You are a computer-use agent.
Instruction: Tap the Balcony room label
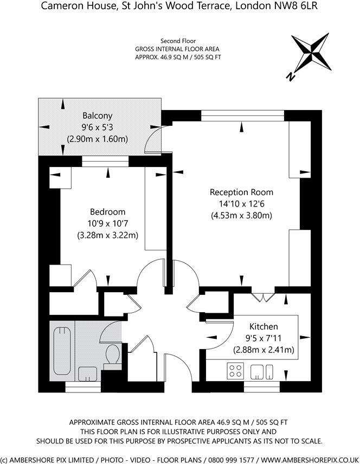point(97,115)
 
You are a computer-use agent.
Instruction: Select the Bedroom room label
point(107,212)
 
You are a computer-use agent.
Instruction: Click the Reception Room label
point(241,192)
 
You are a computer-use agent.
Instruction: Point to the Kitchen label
point(263,326)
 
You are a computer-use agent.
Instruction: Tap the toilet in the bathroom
point(113,355)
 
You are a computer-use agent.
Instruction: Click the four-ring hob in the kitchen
point(235,371)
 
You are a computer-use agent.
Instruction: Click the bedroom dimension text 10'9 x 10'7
point(107,223)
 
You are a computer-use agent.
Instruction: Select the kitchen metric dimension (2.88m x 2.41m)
point(263,350)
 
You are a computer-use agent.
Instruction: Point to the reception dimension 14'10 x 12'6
point(241,204)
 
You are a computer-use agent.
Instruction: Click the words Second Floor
point(178,41)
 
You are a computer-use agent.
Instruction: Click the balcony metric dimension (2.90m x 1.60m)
point(97,139)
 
